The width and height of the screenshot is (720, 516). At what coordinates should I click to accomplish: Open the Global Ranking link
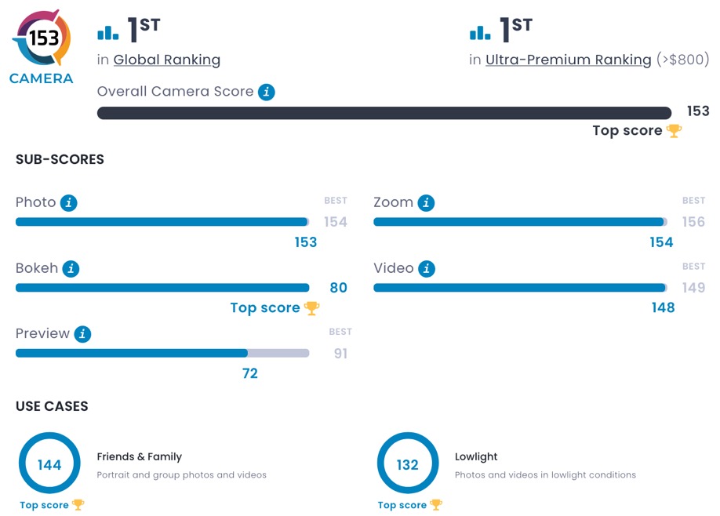point(166,60)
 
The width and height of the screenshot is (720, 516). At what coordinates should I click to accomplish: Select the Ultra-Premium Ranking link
point(568,60)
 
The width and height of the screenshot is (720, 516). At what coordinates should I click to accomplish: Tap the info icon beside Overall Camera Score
point(267,92)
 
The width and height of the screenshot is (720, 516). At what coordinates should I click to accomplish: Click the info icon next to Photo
point(69,203)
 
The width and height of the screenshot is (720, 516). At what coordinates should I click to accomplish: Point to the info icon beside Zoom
point(426,203)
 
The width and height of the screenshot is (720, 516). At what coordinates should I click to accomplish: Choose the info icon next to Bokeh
point(71,269)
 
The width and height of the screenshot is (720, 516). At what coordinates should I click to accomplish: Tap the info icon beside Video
point(427,269)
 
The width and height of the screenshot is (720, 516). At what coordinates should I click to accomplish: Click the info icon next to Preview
point(82,334)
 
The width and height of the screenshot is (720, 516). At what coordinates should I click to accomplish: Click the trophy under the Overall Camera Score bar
point(674,131)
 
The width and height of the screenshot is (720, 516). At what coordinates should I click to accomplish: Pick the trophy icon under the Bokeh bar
point(311,308)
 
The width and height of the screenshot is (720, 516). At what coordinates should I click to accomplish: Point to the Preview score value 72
point(249,373)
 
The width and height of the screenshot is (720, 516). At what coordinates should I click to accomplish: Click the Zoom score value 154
point(661,242)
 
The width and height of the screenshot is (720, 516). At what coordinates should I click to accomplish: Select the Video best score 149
point(693,288)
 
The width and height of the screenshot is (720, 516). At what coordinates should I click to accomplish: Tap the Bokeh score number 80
point(338,288)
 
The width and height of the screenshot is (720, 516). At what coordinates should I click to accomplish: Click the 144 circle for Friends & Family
point(49,465)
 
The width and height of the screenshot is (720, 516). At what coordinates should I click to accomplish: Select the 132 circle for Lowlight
point(407,465)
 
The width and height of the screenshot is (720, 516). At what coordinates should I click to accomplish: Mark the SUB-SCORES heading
point(60,159)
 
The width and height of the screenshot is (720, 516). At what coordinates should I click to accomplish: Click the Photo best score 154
point(336,222)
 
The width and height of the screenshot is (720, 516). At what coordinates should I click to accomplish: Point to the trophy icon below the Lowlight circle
point(435,505)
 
